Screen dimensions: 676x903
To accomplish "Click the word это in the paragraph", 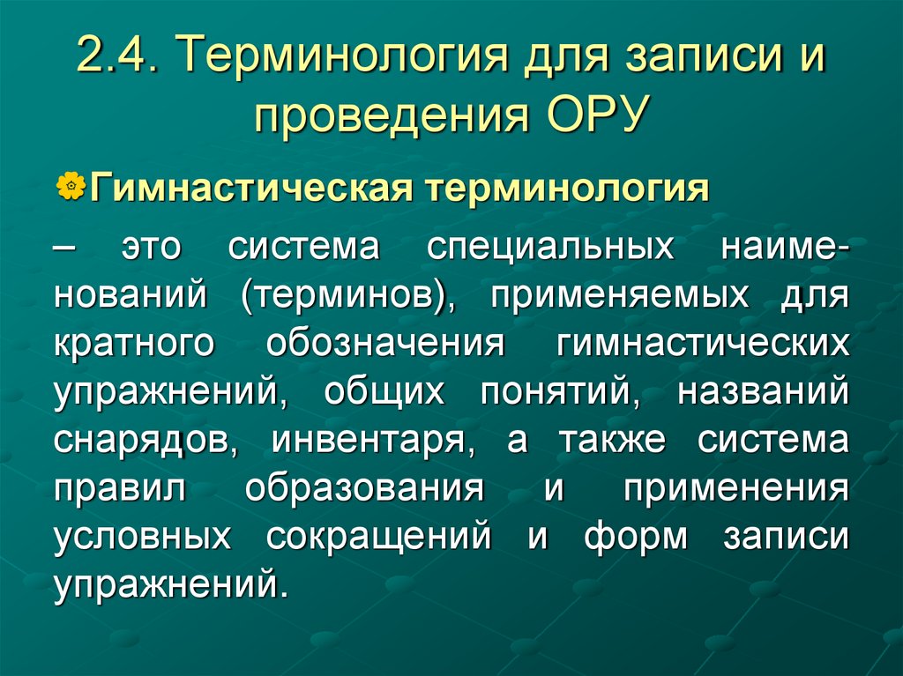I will pos(153,248).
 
